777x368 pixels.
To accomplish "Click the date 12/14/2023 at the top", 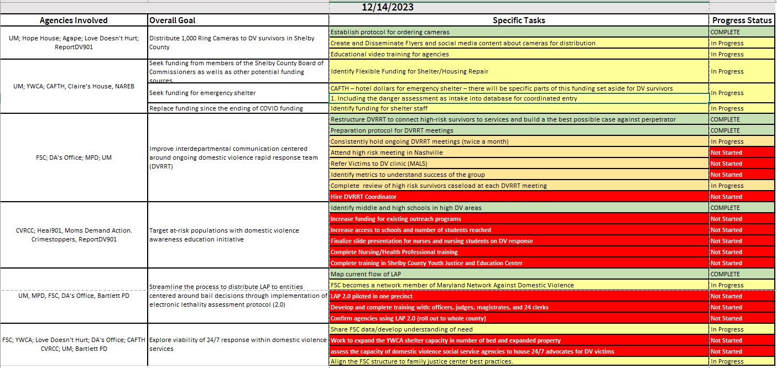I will click(x=388, y=7).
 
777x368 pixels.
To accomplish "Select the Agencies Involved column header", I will click(x=74, y=20).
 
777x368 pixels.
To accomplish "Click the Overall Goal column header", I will click(x=173, y=20).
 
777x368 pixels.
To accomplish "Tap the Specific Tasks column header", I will click(x=519, y=20).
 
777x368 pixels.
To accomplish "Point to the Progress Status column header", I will click(x=742, y=20).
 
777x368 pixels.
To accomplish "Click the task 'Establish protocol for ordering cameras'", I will click(x=390, y=32).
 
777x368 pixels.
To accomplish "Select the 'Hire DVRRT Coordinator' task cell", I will click(x=363, y=197).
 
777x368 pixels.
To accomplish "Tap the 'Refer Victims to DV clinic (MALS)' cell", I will click(x=379, y=164).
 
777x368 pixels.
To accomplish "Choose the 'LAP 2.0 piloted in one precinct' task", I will click(x=372, y=296).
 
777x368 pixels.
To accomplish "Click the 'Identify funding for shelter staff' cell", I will click(x=379, y=108).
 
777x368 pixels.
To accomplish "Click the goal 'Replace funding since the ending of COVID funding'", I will click(x=226, y=108).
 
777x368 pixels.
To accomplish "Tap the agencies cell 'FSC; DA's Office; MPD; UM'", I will click(x=74, y=158).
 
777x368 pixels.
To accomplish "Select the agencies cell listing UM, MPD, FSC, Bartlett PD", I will click(x=74, y=296).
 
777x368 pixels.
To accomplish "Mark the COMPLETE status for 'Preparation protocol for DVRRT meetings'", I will click(x=725, y=130).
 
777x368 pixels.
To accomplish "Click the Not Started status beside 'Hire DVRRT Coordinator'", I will click(x=726, y=197).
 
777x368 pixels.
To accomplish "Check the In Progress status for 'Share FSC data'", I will click(x=727, y=329).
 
